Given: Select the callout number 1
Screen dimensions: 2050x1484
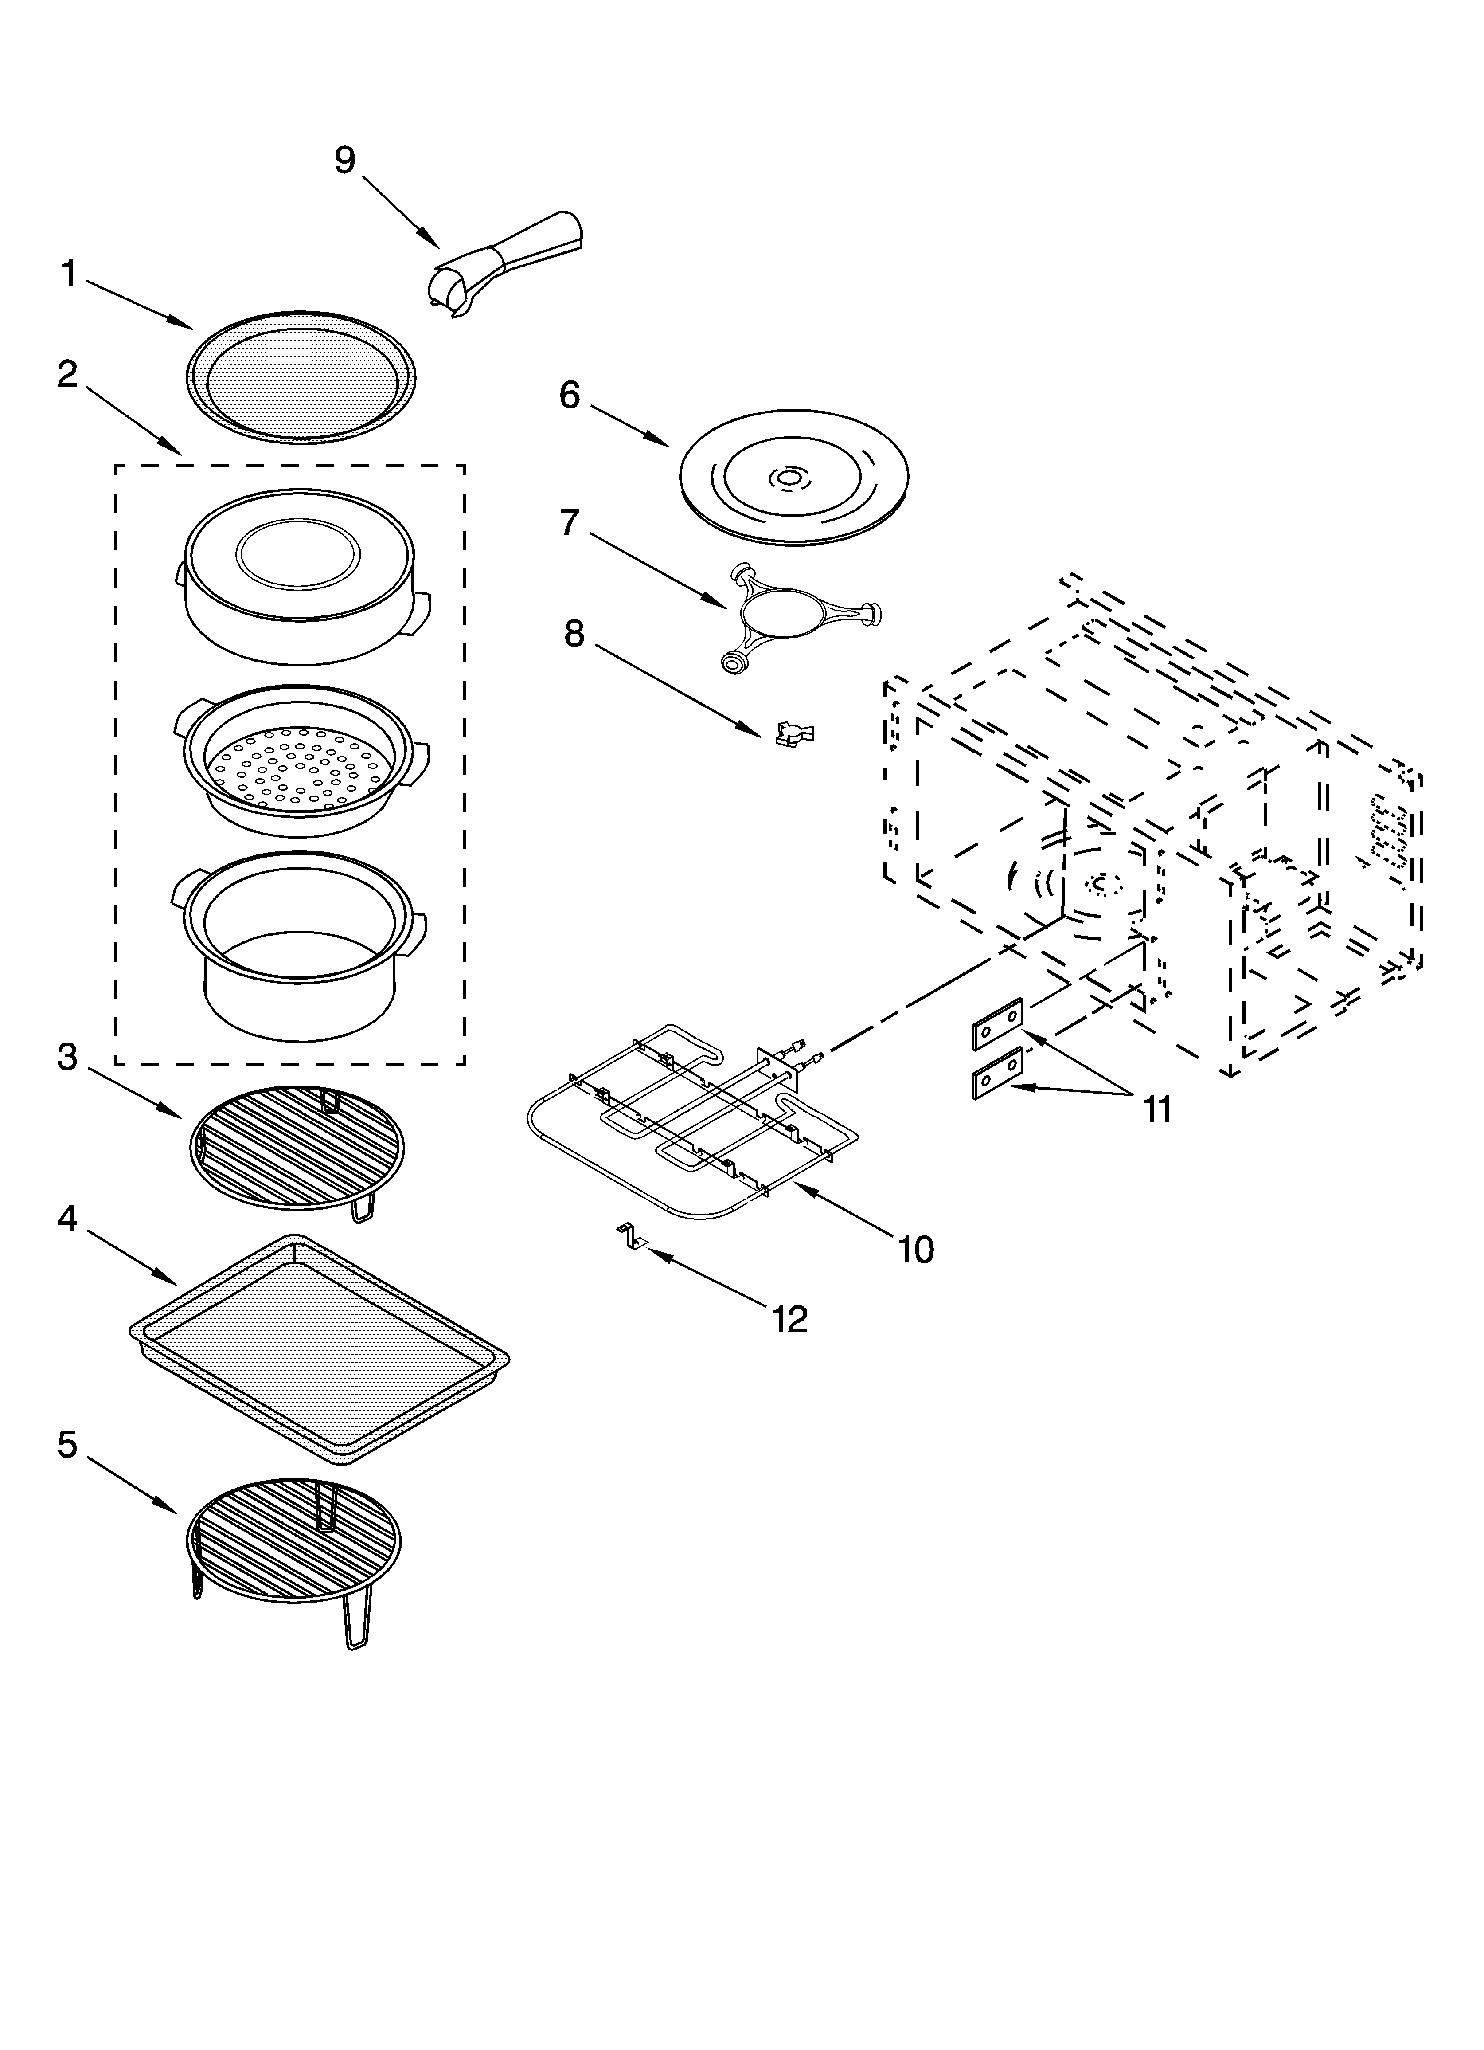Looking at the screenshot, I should click(x=69, y=273).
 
